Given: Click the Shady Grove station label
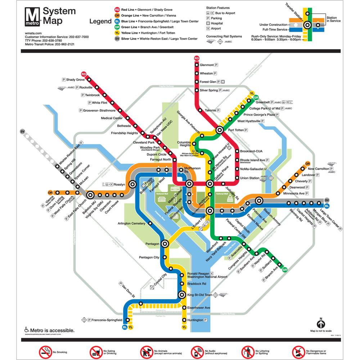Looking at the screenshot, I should (x=75, y=80).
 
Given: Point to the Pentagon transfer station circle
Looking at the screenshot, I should (x=165, y=244).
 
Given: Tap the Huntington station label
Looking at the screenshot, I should (x=195, y=320).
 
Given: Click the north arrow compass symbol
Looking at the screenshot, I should (x=320, y=321).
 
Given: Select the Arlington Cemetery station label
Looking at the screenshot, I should (x=131, y=224).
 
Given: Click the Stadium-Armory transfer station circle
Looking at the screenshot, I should (x=258, y=201).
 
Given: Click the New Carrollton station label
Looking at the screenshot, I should (x=319, y=168).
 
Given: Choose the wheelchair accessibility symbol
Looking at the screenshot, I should (x=26, y=329).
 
